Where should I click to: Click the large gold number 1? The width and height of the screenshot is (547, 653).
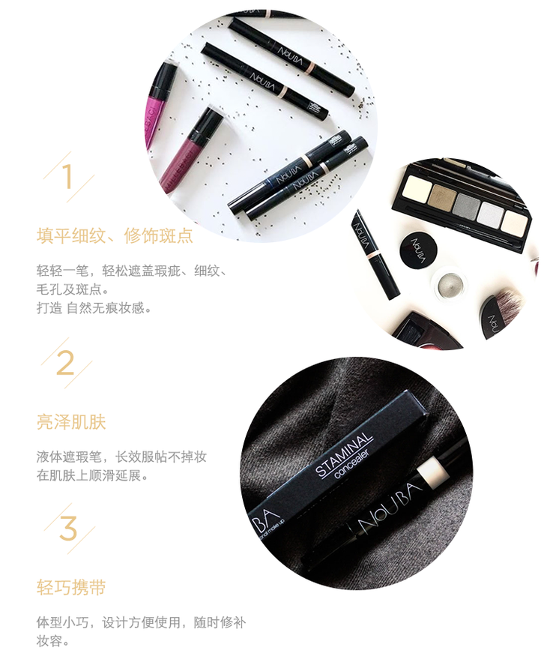[68, 176]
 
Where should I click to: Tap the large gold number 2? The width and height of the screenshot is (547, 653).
[65, 363]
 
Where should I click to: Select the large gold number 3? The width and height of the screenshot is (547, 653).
[68, 528]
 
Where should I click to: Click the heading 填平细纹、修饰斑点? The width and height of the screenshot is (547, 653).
[115, 235]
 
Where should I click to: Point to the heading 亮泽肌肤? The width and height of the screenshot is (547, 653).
[71, 422]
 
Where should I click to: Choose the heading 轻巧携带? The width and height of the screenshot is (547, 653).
[71, 587]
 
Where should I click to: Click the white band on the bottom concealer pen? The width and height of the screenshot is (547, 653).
[432, 470]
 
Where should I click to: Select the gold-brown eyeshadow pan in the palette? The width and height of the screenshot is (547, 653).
[444, 194]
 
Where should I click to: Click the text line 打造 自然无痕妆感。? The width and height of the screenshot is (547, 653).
[94, 308]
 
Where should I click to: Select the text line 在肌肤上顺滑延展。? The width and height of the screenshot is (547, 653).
[92, 475]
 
